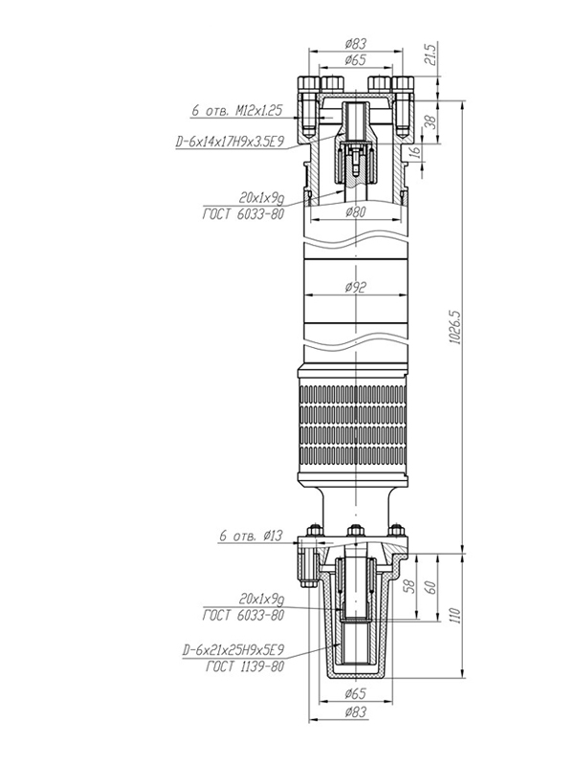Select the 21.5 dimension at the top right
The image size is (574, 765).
(430, 54)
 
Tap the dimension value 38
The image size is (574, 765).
(431, 122)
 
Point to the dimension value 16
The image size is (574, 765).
(416, 153)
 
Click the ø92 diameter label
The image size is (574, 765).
(356, 288)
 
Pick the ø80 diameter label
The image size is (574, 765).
(356, 211)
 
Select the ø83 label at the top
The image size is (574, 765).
(356, 43)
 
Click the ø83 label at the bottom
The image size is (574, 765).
(356, 711)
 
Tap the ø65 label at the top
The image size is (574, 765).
(356, 60)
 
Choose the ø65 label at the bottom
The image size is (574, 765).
(356, 693)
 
